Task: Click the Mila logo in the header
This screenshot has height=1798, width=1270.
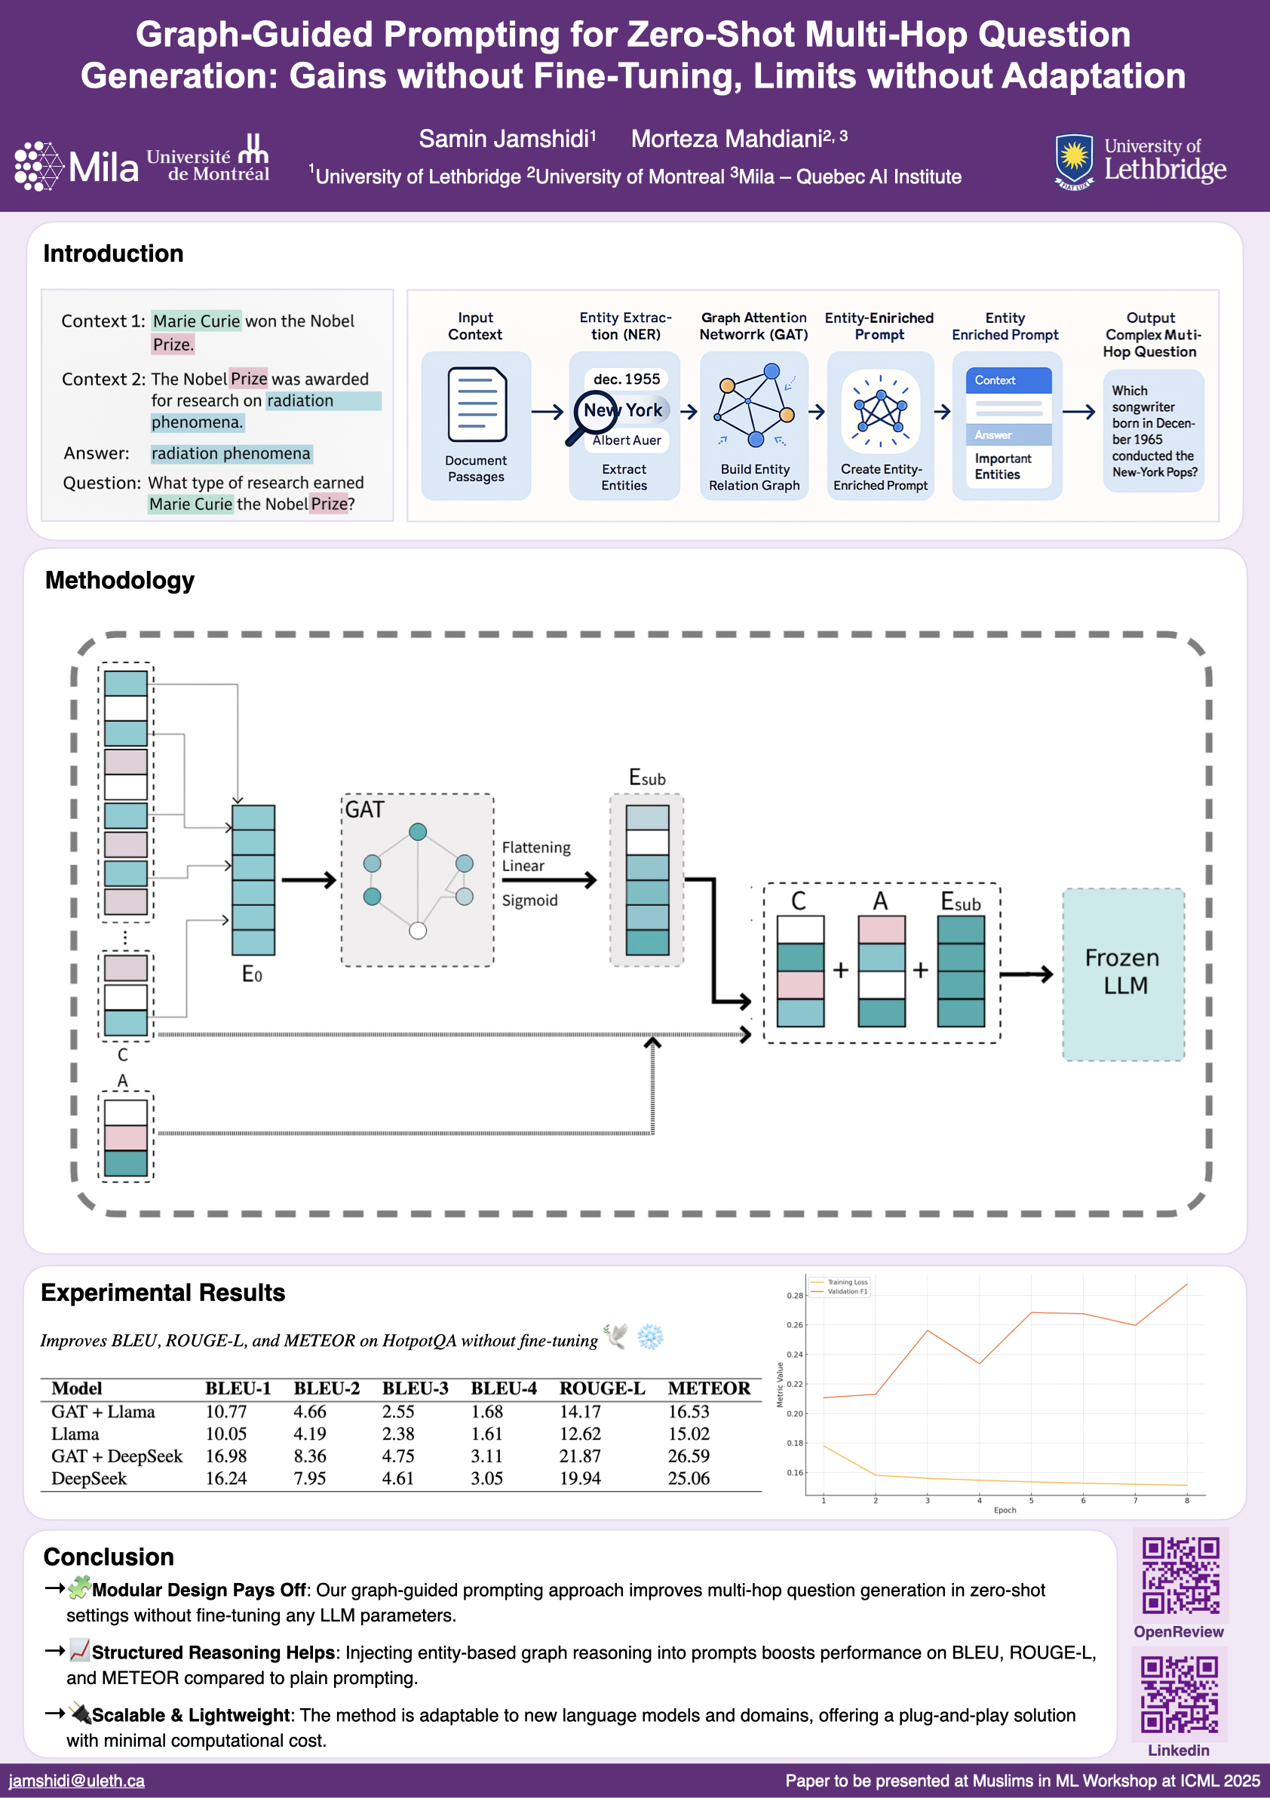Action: click(76, 165)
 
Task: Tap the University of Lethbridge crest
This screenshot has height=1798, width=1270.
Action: click(1073, 161)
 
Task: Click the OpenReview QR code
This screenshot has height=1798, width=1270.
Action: click(1180, 1575)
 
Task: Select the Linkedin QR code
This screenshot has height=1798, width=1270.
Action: click(1179, 1694)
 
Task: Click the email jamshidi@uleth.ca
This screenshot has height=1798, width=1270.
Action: click(77, 1781)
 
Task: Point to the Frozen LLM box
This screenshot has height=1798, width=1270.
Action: click(1123, 974)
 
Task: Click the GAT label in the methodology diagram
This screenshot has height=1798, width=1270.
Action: click(365, 810)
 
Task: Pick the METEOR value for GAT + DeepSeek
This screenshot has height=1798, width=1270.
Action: click(689, 1456)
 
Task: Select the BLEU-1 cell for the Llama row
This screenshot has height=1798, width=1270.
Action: click(225, 1434)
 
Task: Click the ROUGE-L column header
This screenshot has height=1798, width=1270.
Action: click(601, 1388)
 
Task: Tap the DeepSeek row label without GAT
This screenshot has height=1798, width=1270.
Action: click(88, 1478)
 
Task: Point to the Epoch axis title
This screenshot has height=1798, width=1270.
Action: click(1005, 1510)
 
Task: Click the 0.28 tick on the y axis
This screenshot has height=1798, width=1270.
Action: click(794, 1296)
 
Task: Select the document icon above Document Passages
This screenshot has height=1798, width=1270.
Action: click(477, 405)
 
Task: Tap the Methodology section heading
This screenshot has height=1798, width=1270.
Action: click(120, 580)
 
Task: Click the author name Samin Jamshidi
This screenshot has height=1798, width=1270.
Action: click(507, 140)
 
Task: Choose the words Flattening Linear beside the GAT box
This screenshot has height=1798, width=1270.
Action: click(536, 857)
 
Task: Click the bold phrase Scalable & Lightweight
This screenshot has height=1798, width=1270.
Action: click(190, 1715)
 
